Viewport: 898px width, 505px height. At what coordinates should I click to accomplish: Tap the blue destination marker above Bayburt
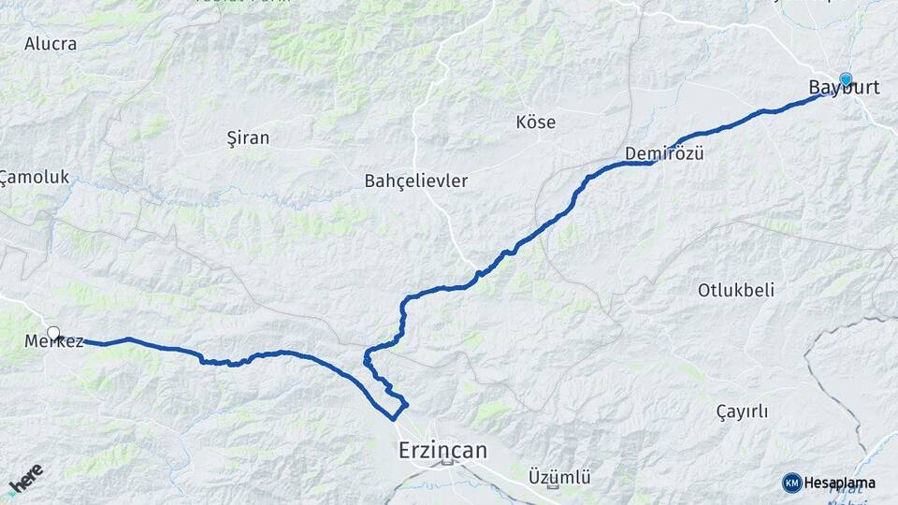(x=846, y=79)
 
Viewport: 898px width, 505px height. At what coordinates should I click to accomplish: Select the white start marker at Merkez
(x=53, y=333)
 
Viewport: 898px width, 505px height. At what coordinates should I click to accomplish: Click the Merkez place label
(x=54, y=341)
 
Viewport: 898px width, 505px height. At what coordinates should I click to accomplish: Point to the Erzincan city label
(x=442, y=450)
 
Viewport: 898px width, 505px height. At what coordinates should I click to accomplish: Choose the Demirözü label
(x=664, y=153)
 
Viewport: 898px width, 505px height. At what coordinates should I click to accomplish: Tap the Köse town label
(x=535, y=122)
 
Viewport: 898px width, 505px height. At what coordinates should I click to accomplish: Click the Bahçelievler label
(x=416, y=180)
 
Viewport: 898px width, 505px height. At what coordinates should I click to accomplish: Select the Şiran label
(x=249, y=137)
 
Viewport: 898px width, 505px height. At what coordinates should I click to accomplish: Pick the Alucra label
(x=51, y=43)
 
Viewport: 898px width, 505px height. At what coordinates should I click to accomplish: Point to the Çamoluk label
(x=36, y=177)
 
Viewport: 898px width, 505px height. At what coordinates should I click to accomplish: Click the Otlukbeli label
(x=735, y=290)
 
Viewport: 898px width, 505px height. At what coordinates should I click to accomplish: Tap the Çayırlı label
(x=742, y=411)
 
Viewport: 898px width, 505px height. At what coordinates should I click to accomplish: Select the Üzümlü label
(x=559, y=477)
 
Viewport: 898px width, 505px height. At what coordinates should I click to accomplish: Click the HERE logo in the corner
(x=25, y=479)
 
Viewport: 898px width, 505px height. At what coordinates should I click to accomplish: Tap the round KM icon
(x=791, y=483)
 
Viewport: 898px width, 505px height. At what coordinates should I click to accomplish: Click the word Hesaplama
(x=840, y=483)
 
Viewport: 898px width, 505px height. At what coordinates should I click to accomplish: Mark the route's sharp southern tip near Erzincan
(x=392, y=419)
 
